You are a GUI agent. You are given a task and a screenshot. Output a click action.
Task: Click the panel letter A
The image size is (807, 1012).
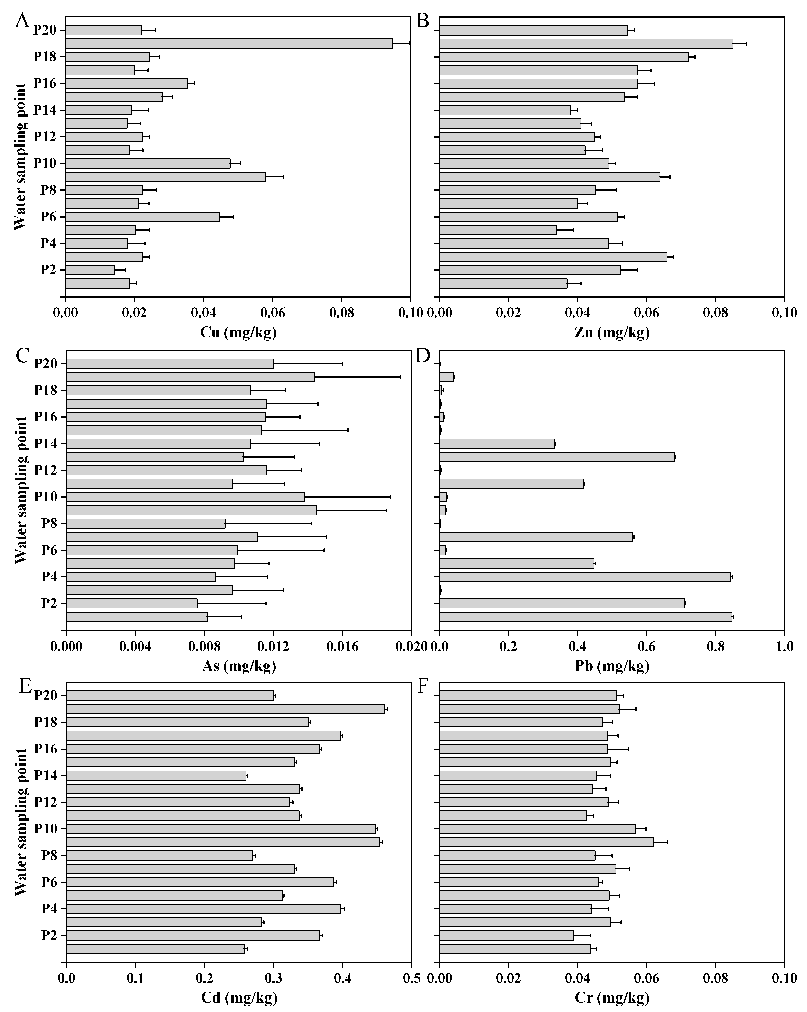point(22,21)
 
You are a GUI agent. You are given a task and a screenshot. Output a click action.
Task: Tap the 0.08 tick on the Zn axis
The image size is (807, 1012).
point(715,313)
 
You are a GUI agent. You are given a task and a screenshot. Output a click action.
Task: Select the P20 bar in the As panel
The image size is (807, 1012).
point(170,364)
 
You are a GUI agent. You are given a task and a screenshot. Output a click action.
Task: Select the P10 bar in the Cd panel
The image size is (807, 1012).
point(220,828)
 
